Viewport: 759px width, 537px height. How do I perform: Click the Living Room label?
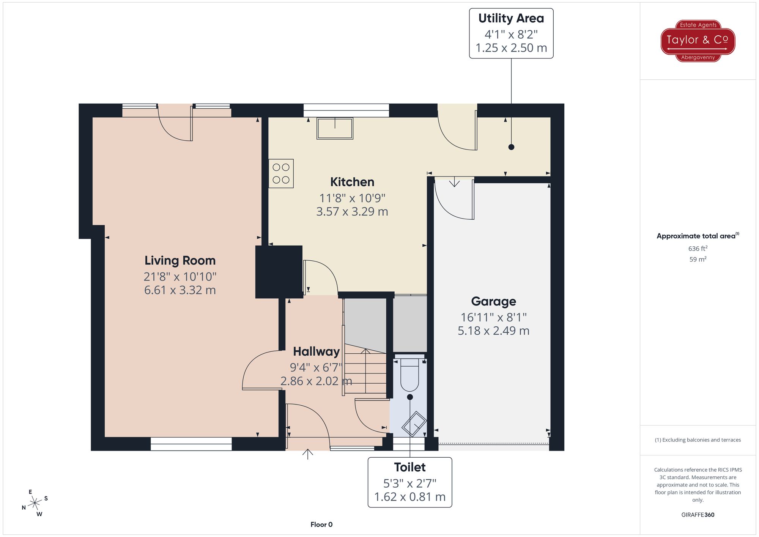(x=180, y=261)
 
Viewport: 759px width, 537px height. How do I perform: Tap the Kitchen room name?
(x=352, y=182)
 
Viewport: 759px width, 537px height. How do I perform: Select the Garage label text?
(x=493, y=301)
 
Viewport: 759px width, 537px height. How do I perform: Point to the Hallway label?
(x=316, y=352)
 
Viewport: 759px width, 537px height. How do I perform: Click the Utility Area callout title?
(x=511, y=18)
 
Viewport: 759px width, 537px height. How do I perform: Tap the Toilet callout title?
(x=410, y=467)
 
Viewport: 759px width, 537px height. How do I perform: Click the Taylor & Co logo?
(x=698, y=41)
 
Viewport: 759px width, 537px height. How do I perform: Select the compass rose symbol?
(x=35, y=503)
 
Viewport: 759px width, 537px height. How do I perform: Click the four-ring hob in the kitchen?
(x=281, y=173)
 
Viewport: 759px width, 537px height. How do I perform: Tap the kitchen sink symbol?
(x=335, y=128)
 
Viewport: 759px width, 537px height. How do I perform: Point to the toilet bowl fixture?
(x=409, y=374)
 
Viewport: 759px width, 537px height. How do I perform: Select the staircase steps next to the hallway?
(x=365, y=372)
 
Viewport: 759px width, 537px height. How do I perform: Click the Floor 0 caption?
(x=321, y=524)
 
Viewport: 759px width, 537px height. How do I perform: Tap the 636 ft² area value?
(x=698, y=249)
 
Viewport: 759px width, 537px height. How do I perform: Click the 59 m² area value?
(x=698, y=259)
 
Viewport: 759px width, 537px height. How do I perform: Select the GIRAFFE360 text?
(x=698, y=515)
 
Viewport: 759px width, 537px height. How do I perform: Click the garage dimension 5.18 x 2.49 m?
(x=493, y=331)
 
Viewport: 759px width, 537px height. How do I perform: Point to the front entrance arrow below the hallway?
(x=307, y=454)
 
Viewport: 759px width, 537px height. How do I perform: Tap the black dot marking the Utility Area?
(x=511, y=147)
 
